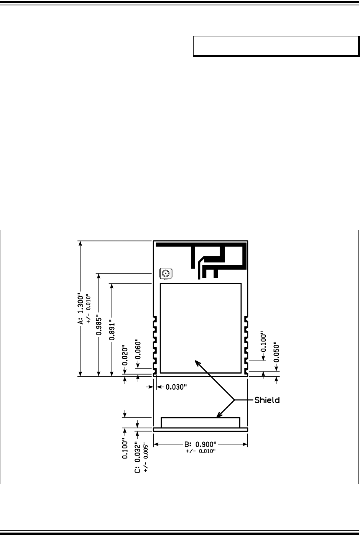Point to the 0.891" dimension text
(112, 330)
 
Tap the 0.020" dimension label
(125, 355)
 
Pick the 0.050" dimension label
(276, 352)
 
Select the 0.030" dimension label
(176, 387)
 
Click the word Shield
(267, 400)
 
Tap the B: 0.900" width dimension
(201, 444)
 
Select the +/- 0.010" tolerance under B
(201, 451)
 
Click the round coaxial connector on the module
(166, 274)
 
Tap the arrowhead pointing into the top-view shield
(197, 362)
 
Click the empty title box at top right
(276, 46)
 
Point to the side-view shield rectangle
(201, 418)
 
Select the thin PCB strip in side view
(201, 430)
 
